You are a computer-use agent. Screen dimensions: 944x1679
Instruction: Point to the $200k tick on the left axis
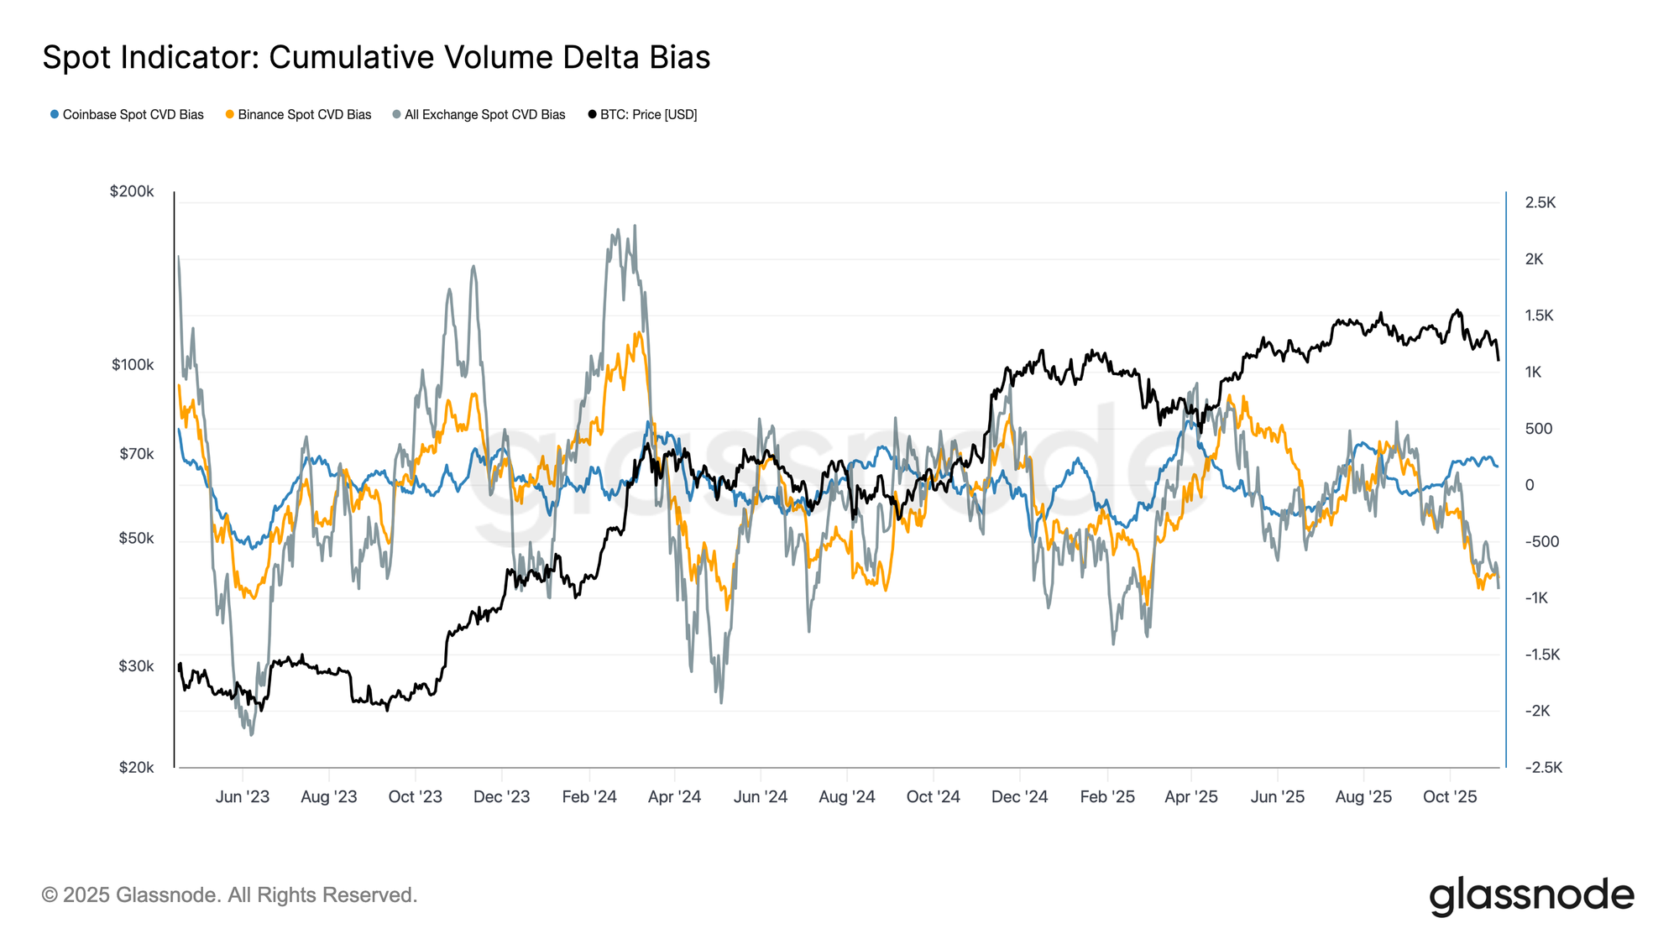tap(132, 191)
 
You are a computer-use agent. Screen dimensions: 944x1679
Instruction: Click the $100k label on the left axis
tap(133, 365)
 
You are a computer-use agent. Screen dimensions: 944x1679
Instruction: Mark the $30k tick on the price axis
tap(136, 666)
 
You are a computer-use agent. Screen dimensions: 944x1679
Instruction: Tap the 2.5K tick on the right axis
tap(1540, 202)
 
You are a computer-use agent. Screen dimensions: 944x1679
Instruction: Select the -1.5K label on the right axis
tap(1542, 655)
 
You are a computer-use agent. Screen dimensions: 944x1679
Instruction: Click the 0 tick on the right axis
tap(1530, 485)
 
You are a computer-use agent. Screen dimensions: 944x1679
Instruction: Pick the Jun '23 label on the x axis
tap(242, 797)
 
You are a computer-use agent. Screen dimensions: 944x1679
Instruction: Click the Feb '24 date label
tap(589, 797)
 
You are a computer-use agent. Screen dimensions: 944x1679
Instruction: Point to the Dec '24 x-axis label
tap(1019, 797)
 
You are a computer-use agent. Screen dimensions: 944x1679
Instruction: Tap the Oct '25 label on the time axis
tap(1450, 797)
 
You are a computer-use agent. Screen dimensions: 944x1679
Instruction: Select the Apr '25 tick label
tap(1190, 797)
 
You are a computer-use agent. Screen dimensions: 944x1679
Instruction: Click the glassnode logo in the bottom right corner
tap(1531, 896)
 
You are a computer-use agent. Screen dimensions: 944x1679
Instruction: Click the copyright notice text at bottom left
tap(229, 895)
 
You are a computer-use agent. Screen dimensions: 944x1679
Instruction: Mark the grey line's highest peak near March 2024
tap(635, 226)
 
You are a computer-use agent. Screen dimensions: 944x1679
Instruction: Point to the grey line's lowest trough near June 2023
tap(251, 735)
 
